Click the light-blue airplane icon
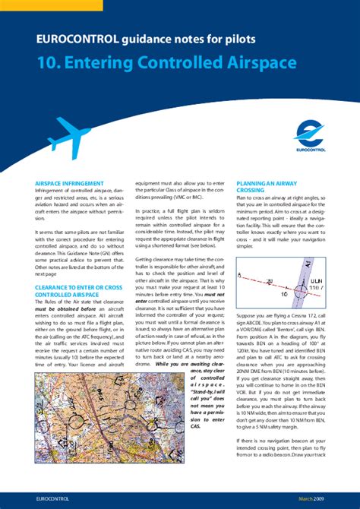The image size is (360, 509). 69,137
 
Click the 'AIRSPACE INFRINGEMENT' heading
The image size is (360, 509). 69,184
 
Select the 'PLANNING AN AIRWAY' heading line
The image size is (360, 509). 267,184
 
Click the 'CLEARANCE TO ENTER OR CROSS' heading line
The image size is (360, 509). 78,288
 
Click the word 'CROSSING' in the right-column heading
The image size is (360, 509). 251,191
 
